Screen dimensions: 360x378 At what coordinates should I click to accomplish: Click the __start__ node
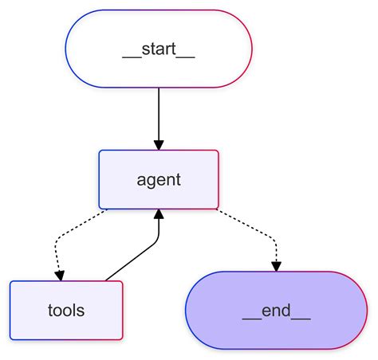[x=159, y=49]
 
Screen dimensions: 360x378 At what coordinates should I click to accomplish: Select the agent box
[x=159, y=179]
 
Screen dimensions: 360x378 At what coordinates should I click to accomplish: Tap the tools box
[x=66, y=310]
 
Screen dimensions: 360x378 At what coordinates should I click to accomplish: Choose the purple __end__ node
[x=276, y=310]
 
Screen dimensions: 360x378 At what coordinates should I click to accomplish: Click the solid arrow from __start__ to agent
[x=159, y=115]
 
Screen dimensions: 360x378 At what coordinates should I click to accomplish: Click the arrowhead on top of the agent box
[x=159, y=144]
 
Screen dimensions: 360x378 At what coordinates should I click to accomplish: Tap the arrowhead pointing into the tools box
[x=60, y=275]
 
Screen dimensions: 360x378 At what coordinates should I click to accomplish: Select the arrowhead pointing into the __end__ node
[x=276, y=266]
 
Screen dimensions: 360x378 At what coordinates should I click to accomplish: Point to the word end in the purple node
[x=276, y=310]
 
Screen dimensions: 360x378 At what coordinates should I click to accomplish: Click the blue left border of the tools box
[x=10, y=310]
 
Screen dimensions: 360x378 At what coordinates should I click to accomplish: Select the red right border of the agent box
[x=218, y=179]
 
